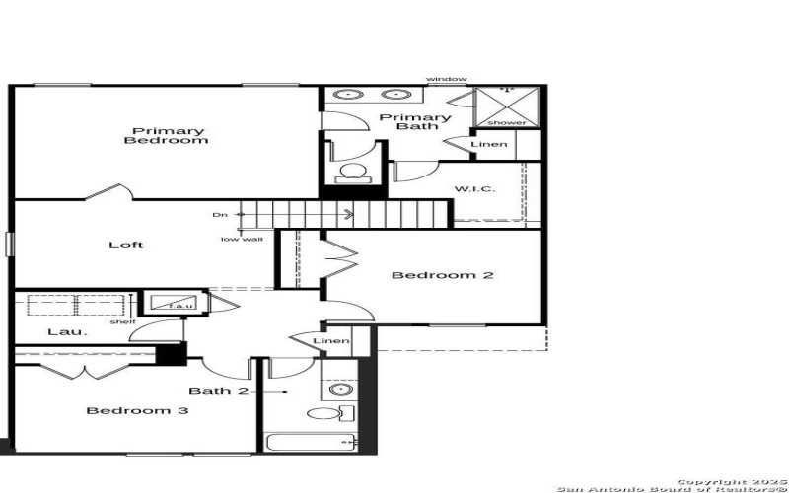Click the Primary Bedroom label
coord(166,136)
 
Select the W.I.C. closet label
coord(474,189)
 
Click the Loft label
coord(125,246)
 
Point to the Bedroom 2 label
coord(442,275)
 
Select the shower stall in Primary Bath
coord(508,106)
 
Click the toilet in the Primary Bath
coord(351,174)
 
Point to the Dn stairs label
coord(219,214)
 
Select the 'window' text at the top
coord(447,79)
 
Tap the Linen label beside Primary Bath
coord(489,145)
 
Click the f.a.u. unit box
coord(177,304)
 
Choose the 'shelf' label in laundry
coord(122,321)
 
